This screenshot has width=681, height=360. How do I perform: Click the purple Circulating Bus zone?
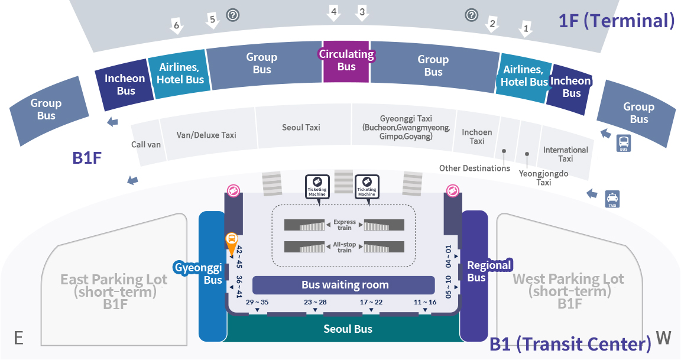tap(346, 61)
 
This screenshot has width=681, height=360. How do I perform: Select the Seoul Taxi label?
tap(301, 127)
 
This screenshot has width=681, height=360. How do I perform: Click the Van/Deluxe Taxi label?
tap(206, 135)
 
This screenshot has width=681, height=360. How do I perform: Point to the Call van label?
tap(146, 145)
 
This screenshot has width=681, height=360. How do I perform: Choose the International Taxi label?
tap(566, 154)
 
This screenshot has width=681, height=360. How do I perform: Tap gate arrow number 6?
tap(176, 26)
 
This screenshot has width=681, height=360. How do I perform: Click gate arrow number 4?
tap(333, 13)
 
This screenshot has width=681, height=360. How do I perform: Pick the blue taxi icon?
tap(612, 199)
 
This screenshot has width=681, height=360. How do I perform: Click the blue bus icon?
tap(624, 143)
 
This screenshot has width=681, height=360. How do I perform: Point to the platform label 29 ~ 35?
tap(257, 302)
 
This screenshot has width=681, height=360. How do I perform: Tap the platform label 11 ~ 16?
tap(425, 302)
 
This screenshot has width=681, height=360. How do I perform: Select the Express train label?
tap(345, 225)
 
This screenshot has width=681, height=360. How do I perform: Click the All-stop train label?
tap(345, 247)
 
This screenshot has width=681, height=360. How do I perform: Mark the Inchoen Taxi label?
tap(477, 137)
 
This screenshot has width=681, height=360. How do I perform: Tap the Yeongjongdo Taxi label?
tap(543, 177)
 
